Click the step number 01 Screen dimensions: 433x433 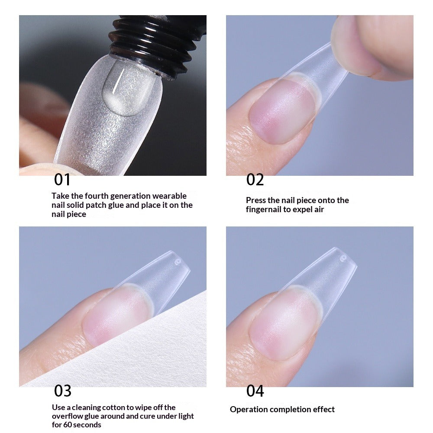tap(62, 179)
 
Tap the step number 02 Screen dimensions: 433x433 tap(255, 179)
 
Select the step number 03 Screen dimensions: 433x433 tap(62, 391)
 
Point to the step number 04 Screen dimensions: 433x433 tap(255, 391)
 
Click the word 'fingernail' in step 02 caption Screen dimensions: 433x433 tap(264, 210)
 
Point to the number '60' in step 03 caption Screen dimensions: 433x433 tap(67, 425)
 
